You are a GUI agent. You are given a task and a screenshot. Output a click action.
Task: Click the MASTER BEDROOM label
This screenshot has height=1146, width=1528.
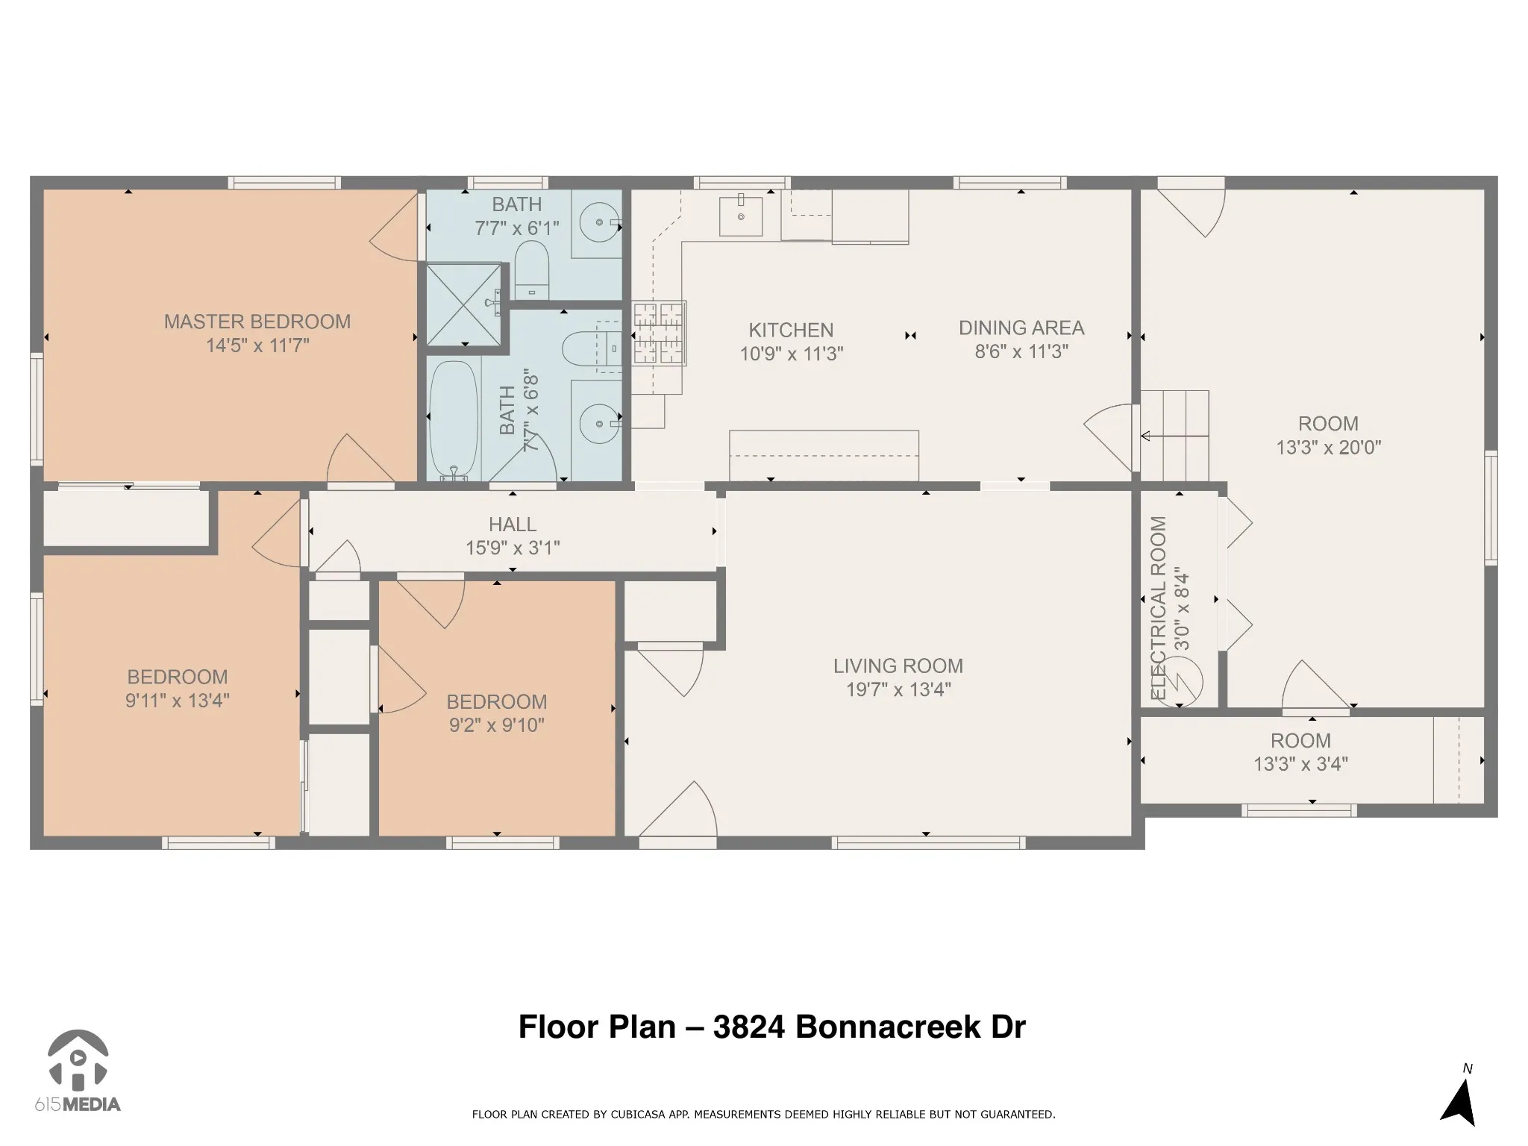click(257, 322)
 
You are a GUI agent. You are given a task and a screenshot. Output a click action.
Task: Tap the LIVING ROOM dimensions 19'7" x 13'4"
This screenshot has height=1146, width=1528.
click(898, 689)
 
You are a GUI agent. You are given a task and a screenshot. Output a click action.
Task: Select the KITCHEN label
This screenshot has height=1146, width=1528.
click(791, 330)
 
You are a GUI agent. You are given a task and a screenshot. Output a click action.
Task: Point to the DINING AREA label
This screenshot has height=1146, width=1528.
click(1021, 328)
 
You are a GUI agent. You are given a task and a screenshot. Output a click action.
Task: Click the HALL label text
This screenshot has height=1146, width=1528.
click(513, 525)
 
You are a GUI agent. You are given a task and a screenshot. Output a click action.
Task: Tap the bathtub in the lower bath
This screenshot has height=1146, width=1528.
click(454, 420)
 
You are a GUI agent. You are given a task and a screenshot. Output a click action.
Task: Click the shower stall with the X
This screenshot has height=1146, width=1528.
click(463, 304)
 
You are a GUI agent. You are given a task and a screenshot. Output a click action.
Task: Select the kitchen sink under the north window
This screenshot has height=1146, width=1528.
click(741, 216)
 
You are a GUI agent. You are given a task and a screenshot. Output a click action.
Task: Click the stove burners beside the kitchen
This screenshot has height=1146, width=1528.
click(659, 334)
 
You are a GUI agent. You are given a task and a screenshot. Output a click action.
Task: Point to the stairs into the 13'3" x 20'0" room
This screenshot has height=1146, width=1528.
click(1174, 436)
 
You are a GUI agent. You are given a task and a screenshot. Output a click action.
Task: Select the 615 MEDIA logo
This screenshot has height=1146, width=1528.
click(78, 1071)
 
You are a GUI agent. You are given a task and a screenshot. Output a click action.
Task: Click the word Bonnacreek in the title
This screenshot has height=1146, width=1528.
click(887, 1027)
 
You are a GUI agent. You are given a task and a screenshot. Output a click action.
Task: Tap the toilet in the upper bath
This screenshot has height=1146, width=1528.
click(532, 269)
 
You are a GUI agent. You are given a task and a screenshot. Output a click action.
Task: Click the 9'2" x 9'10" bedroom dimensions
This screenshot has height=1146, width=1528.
click(497, 725)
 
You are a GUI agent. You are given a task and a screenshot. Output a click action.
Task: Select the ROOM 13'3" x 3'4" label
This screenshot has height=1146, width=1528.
click(1301, 752)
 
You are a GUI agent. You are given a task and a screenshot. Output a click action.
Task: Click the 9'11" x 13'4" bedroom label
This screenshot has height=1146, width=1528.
click(178, 689)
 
